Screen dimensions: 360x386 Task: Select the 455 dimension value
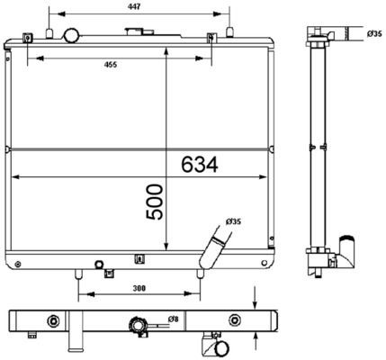(109, 65)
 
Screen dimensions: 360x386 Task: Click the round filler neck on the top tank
(71, 36)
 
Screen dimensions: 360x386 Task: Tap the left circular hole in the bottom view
(53, 321)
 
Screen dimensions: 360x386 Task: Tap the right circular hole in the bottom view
(235, 321)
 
